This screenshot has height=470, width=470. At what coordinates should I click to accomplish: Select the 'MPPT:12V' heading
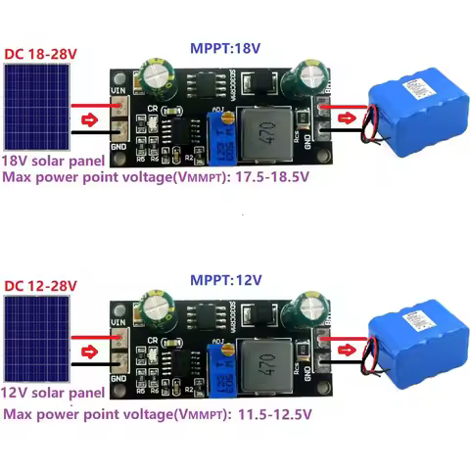(x=226, y=280)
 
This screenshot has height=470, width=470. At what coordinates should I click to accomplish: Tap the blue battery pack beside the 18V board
(x=410, y=112)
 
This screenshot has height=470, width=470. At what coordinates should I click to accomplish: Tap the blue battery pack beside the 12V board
(x=410, y=342)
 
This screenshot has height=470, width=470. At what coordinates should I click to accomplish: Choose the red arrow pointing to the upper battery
(x=347, y=120)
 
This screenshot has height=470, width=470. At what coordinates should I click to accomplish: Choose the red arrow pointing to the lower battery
(x=347, y=353)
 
